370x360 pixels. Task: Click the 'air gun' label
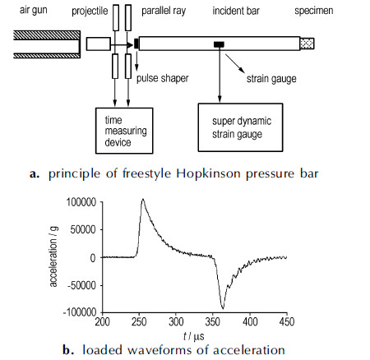[34, 11]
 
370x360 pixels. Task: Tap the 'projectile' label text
[90, 11]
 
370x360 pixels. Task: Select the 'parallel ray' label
[164, 11]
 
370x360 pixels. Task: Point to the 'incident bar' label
[236, 11]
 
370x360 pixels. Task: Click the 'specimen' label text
[314, 11]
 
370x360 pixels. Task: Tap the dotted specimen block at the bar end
[307, 44]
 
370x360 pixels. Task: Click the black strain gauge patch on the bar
[219, 44]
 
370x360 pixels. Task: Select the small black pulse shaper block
[136, 44]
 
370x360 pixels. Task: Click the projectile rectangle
[99, 44]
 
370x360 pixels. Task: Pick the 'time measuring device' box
[124, 131]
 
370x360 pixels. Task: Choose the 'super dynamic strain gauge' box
[240, 127]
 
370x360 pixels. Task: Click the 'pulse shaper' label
[163, 78]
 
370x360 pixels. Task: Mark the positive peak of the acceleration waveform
[142, 199]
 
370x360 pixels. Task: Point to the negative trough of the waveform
[223, 308]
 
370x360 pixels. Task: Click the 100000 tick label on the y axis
[81, 202]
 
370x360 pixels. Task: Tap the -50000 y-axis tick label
[82, 285]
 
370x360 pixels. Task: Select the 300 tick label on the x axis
[176, 321]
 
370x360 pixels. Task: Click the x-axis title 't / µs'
[194, 336]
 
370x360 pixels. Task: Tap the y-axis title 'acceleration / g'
[53, 257]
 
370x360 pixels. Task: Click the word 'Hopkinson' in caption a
[209, 173]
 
